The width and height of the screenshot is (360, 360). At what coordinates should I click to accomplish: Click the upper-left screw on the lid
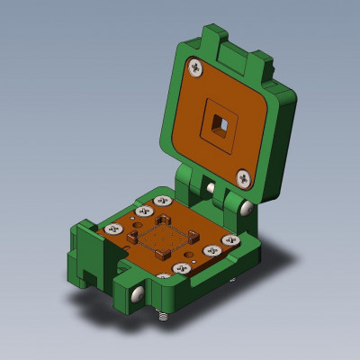tap(195, 67)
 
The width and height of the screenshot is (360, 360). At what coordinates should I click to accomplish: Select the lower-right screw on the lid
tap(244, 176)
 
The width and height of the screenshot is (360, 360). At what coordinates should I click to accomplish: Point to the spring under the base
tap(163, 317)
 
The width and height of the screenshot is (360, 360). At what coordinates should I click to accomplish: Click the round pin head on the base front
tap(135, 294)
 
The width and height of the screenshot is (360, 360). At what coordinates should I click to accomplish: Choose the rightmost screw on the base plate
tap(230, 241)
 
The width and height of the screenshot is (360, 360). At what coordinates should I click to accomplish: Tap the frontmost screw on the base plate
tap(183, 269)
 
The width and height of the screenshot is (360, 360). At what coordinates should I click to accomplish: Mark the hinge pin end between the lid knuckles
tap(210, 186)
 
